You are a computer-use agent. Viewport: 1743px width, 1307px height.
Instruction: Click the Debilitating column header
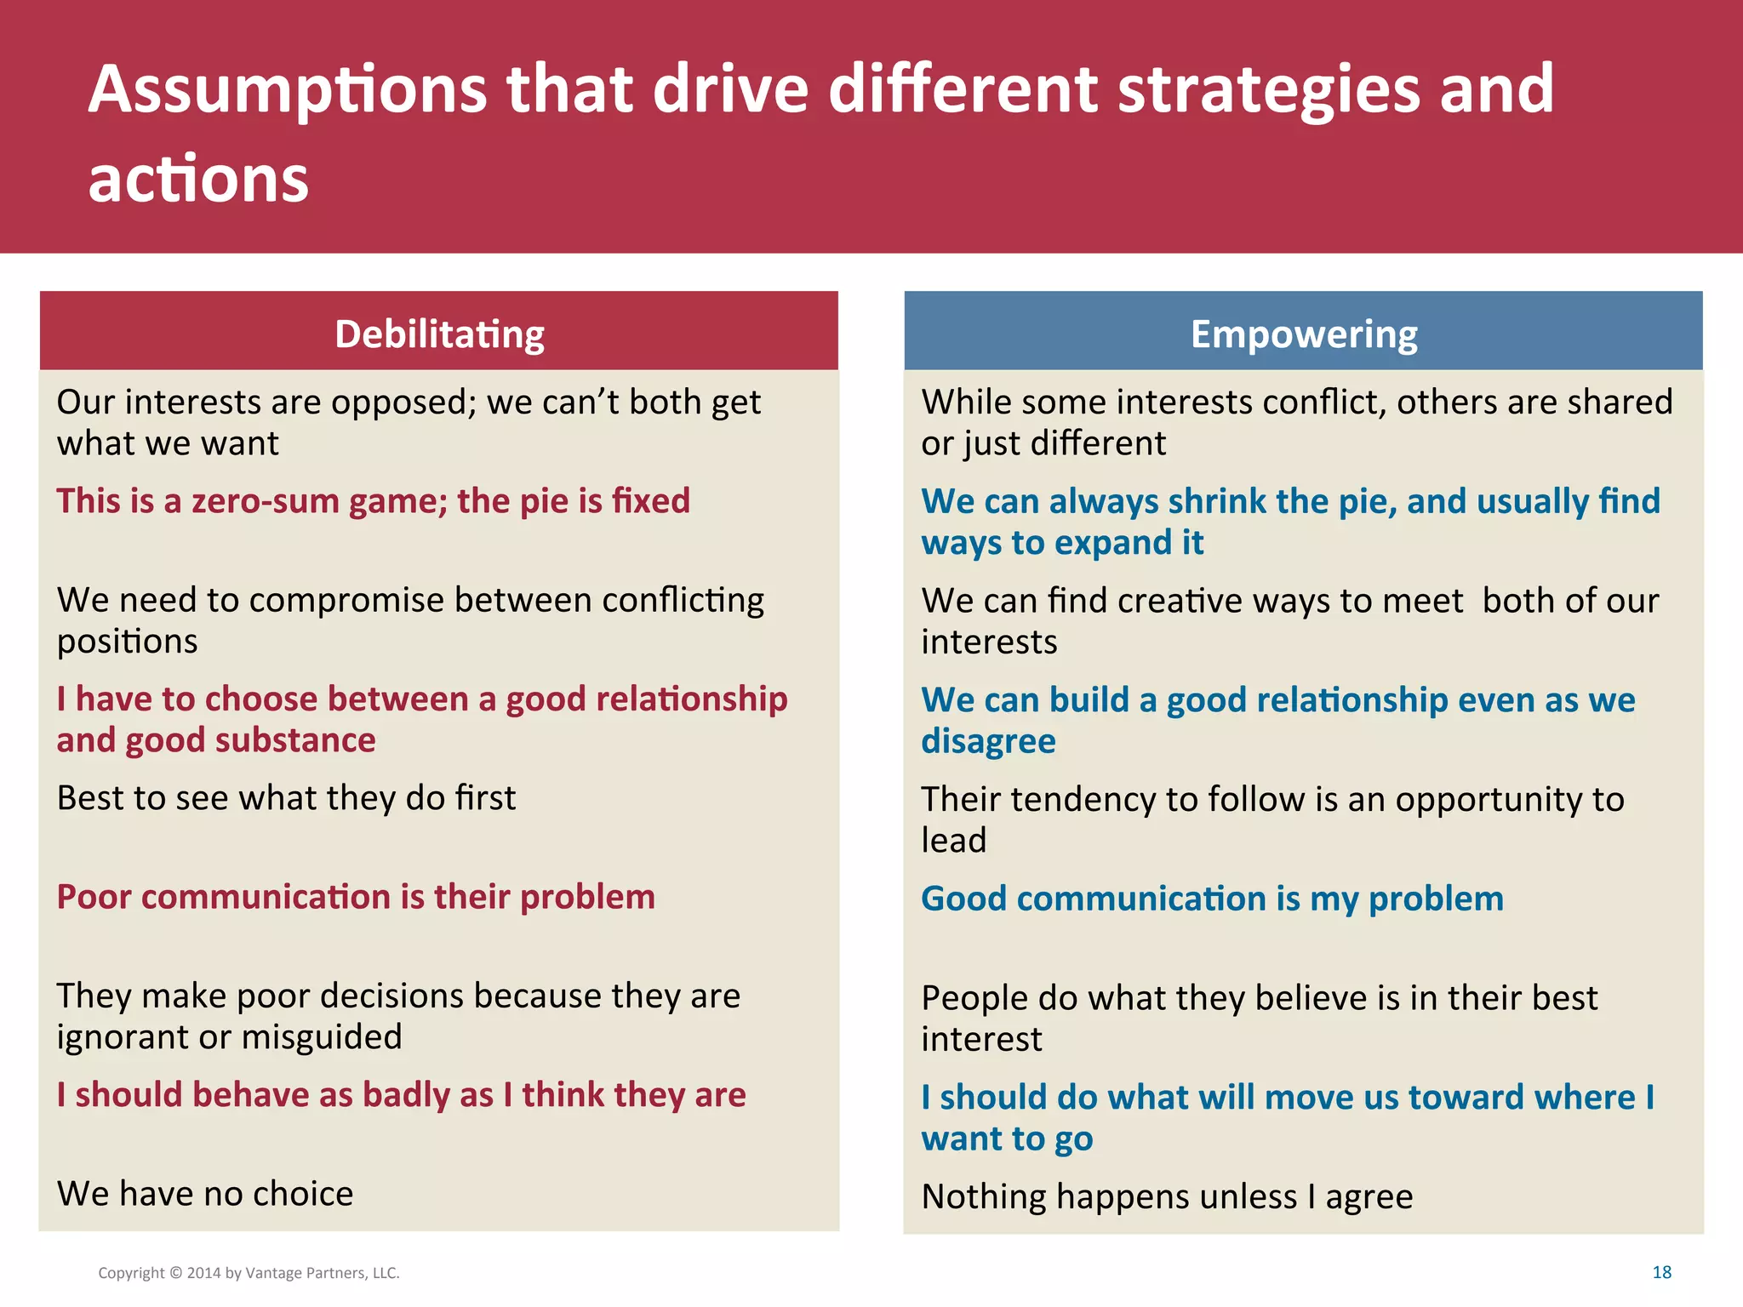click(x=439, y=334)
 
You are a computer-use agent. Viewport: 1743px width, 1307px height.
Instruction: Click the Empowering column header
click(x=1303, y=334)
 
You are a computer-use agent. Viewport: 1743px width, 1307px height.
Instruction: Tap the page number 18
click(x=1661, y=1272)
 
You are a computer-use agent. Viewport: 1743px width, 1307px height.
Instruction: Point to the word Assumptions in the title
click(x=288, y=90)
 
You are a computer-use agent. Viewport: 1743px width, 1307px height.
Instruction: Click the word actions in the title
click(x=198, y=180)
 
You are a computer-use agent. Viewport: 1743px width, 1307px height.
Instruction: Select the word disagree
click(x=988, y=741)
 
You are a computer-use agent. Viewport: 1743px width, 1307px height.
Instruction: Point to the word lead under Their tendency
click(x=953, y=841)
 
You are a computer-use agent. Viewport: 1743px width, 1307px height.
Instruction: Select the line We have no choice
click(x=205, y=1194)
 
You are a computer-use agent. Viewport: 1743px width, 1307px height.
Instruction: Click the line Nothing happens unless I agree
click(x=1167, y=1197)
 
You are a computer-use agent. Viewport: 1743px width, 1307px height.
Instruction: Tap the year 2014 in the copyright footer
click(x=203, y=1273)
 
